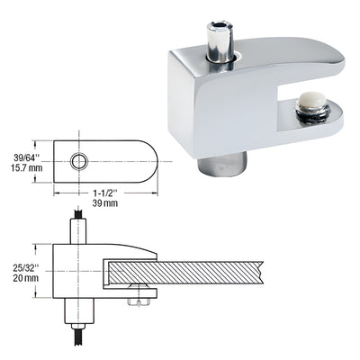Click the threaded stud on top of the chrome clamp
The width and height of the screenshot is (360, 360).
click(x=219, y=40)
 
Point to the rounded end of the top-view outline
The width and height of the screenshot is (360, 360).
click(x=150, y=161)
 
